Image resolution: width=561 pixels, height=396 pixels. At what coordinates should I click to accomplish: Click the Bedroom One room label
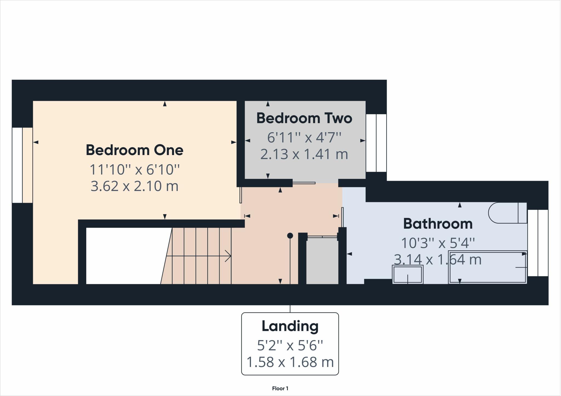(134, 150)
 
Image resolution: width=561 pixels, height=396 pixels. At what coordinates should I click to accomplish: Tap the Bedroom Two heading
(304, 118)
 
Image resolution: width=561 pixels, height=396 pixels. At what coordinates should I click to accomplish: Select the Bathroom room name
(438, 224)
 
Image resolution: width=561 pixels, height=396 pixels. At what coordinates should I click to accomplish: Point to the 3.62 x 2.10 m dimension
(134, 186)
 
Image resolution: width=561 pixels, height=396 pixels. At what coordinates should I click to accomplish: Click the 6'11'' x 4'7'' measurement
(304, 137)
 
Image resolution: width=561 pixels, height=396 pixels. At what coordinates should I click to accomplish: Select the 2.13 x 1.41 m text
(304, 154)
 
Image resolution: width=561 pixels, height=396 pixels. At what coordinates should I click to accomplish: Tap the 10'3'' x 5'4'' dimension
(438, 243)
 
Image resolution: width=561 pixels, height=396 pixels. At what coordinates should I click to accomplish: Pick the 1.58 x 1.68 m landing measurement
(290, 362)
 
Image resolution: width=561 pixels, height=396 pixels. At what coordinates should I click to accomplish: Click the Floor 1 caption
(280, 388)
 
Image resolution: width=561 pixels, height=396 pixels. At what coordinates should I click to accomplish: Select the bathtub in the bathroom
(488, 267)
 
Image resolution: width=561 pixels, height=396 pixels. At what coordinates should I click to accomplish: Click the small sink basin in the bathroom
(408, 274)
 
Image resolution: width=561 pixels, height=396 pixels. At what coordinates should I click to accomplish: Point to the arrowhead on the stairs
(228, 256)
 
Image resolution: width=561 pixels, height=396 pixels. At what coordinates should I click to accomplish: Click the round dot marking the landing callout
(290, 236)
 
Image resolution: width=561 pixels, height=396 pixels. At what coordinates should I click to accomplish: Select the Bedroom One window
(22, 165)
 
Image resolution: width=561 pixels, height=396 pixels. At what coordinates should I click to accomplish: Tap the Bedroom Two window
(376, 143)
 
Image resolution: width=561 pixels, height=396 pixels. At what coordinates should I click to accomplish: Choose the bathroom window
(538, 243)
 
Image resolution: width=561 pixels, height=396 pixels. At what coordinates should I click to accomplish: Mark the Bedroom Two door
(304, 183)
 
